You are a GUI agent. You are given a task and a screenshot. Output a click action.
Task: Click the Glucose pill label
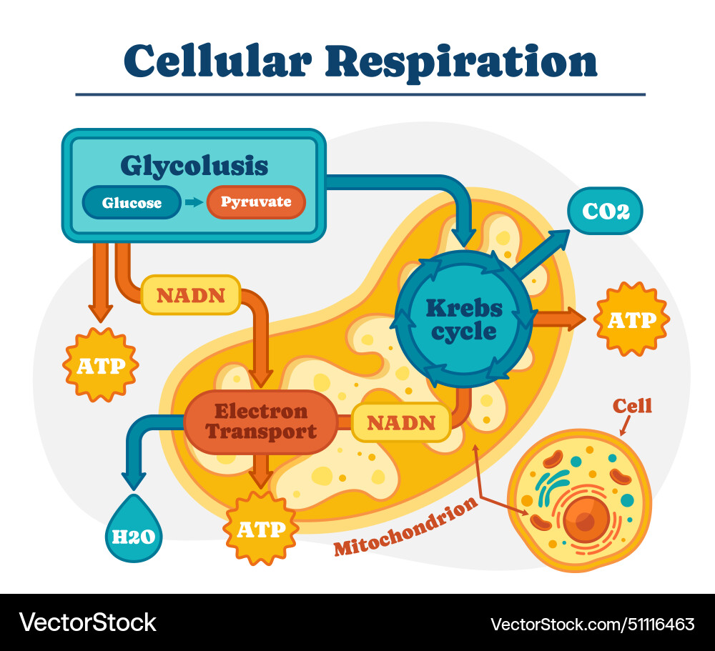132,202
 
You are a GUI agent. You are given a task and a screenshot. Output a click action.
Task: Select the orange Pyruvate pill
256,202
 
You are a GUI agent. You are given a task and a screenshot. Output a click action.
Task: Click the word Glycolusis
194,166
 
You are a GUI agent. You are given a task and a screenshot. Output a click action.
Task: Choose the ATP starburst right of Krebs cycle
631,319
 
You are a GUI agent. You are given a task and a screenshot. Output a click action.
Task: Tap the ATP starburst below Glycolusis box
101,365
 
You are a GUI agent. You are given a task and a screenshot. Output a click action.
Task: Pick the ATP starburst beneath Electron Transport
260,530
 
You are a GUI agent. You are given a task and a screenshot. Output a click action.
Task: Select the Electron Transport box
261,422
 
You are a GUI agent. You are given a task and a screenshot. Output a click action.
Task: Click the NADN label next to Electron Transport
401,422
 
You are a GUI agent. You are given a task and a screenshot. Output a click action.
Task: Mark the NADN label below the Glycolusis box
191,295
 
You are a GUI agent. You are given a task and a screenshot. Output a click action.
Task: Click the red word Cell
632,406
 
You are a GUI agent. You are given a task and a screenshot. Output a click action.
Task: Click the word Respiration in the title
462,62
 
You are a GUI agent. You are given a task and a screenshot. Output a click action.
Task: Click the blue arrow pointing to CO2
543,255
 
